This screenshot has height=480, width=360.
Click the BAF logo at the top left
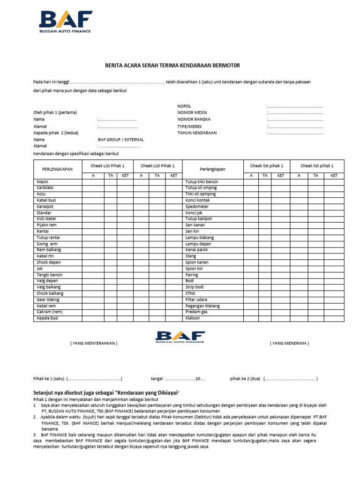[65, 22]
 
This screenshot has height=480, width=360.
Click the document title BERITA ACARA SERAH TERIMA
[172, 66]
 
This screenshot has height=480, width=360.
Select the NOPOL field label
[184, 106]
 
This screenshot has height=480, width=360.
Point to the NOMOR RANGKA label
[194, 120]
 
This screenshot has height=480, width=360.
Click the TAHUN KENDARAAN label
[197, 133]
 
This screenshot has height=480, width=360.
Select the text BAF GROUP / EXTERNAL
[120, 140]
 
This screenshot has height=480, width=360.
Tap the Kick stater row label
[46, 219]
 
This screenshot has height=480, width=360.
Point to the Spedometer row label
[197, 207]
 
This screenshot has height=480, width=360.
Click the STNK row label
[191, 293]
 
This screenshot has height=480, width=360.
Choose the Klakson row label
[193, 318]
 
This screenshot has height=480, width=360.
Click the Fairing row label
[192, 275]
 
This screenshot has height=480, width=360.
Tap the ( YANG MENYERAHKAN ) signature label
[94, 343]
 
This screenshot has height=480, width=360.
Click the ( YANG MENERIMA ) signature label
[289, 343]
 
